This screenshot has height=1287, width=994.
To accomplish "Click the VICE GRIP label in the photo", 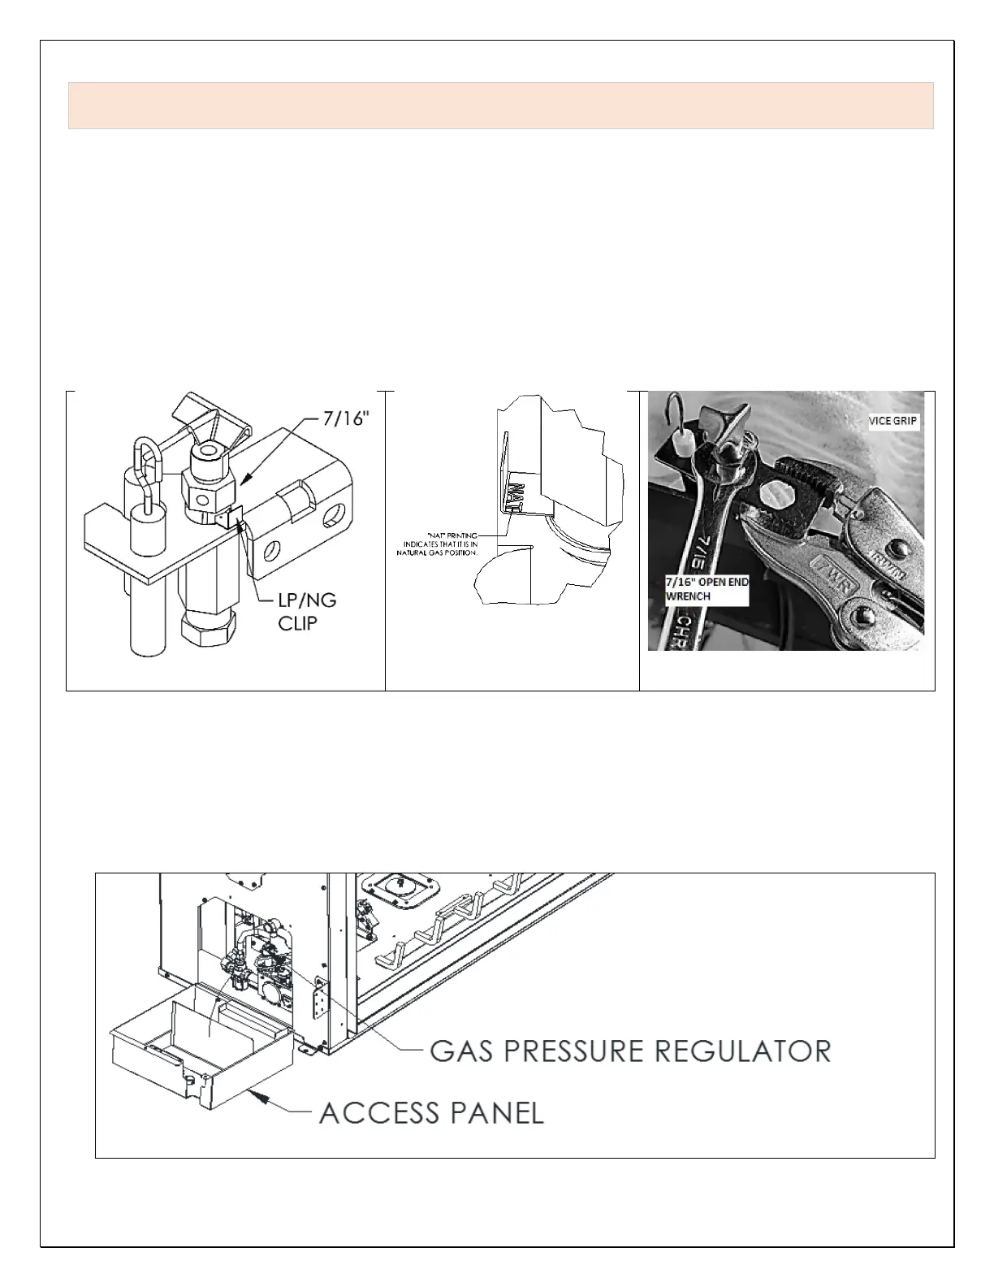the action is [892, 422].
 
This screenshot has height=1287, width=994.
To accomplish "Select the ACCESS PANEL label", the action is [431, 1112].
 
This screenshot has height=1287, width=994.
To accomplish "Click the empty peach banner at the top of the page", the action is [500, 105].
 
